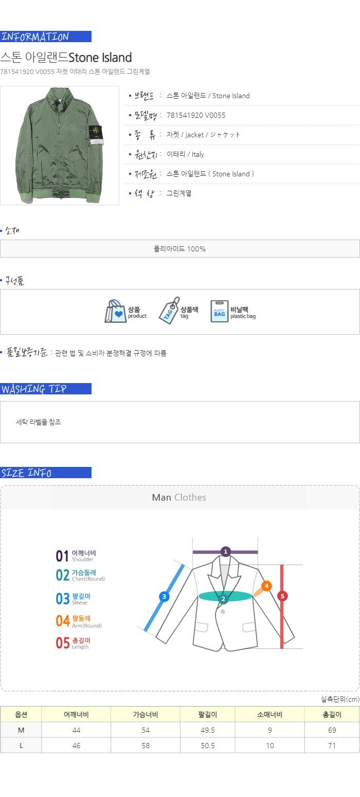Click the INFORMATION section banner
click(x=46, y=37)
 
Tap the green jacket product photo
click(x=60, y=145)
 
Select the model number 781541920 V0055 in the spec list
click(x=196, y=115)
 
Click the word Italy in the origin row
click(x=198, y=154)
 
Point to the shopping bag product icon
click(x=116, y=311)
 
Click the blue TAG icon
click(x=169, y=311)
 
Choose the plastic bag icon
click(x=219, y=311)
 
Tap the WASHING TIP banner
click(x=46, y=389)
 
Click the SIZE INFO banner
click(x=46, y=473)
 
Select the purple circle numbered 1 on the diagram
click(x=225, y=552)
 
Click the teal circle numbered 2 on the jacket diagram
click(x=223, y=599)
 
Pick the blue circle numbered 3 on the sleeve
click(x=164, y=596)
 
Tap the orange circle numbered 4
click(x=266, y=586)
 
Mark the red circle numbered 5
click(x=282, y=596)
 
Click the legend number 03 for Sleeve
click(x=63, y=599)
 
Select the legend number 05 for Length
click(x=63, y=643)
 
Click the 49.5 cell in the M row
click(x=208, y=730)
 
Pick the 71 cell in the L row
click(x=332, y=746)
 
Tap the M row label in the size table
click(x=21, y=730)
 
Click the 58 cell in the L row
click(x=146, y=746)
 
